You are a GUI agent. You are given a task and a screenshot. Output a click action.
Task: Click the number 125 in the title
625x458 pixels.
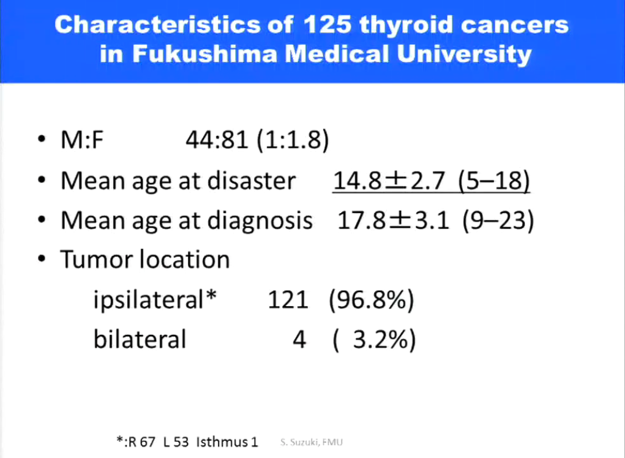click(x=327, y=24)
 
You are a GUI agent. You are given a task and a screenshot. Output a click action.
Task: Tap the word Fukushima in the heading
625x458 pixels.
click(x=205, y=54)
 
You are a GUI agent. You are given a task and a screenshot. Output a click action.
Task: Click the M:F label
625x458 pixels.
click(x=82, y=140)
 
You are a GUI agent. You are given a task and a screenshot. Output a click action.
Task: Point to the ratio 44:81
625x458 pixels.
click(x=217, y=140)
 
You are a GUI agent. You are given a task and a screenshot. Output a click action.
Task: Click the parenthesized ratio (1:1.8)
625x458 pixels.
click(x=293, y=140)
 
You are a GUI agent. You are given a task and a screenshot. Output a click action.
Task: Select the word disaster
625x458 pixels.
click(x=252, y=181)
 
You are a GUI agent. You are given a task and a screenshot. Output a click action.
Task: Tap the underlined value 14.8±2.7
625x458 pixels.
click(x=389, y=181)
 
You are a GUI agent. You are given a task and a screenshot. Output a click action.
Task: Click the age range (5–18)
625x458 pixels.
click(x=494, y=181)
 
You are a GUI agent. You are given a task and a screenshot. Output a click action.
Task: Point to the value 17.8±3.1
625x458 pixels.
click(x=393, y=220)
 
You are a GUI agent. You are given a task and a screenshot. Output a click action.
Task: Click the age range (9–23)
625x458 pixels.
click(x=498, y=221)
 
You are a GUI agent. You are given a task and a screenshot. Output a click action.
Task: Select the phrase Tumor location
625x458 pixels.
click(x=145, y=260)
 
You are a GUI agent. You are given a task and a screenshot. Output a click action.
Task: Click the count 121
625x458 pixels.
click(x=288, y=300)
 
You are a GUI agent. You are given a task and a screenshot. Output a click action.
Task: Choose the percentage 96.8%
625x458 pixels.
click(x=372, y=300)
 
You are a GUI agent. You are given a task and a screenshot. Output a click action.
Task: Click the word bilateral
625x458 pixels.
click(x=140, y=339)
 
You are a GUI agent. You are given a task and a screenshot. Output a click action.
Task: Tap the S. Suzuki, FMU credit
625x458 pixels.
click(x=312, y=442)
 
